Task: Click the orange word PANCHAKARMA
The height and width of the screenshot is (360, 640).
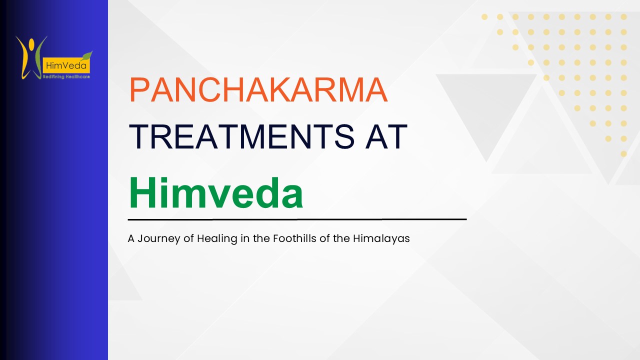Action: click(x=258, y=90)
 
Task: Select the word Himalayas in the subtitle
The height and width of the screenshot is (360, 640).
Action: click(x=381, y=238)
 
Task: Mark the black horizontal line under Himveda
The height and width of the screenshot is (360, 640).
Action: click(x=297, y=219)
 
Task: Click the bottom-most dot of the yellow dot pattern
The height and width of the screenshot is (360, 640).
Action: click(x=623, y=154)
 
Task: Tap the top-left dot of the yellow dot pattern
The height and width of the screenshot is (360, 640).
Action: click(x=484, y=17)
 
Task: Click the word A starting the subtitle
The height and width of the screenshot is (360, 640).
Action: click(x=131, y=238)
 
